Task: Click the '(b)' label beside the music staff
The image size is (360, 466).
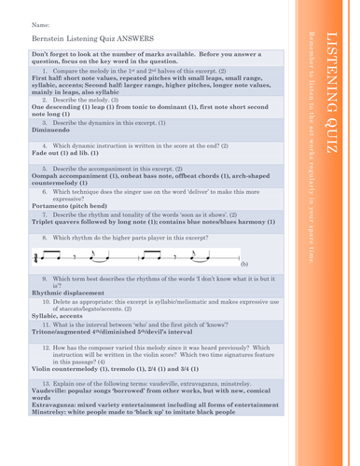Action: coord(243,265)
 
